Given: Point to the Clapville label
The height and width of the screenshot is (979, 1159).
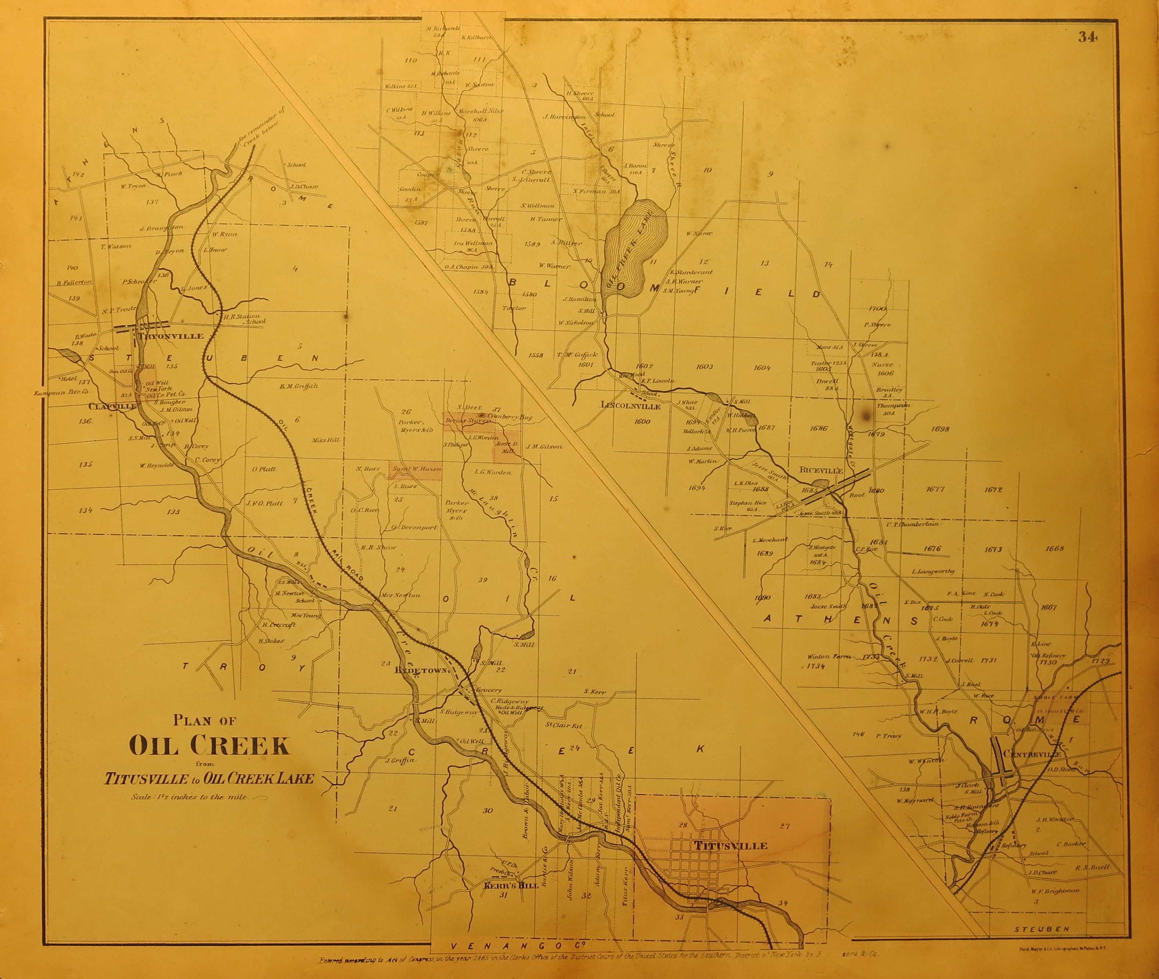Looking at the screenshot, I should (112, 406).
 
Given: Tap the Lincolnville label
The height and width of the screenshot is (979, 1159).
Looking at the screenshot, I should (631, 406).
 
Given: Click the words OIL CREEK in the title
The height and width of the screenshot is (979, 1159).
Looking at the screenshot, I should (209, 746).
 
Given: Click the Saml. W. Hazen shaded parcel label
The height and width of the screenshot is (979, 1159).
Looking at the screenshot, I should (416, 469).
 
